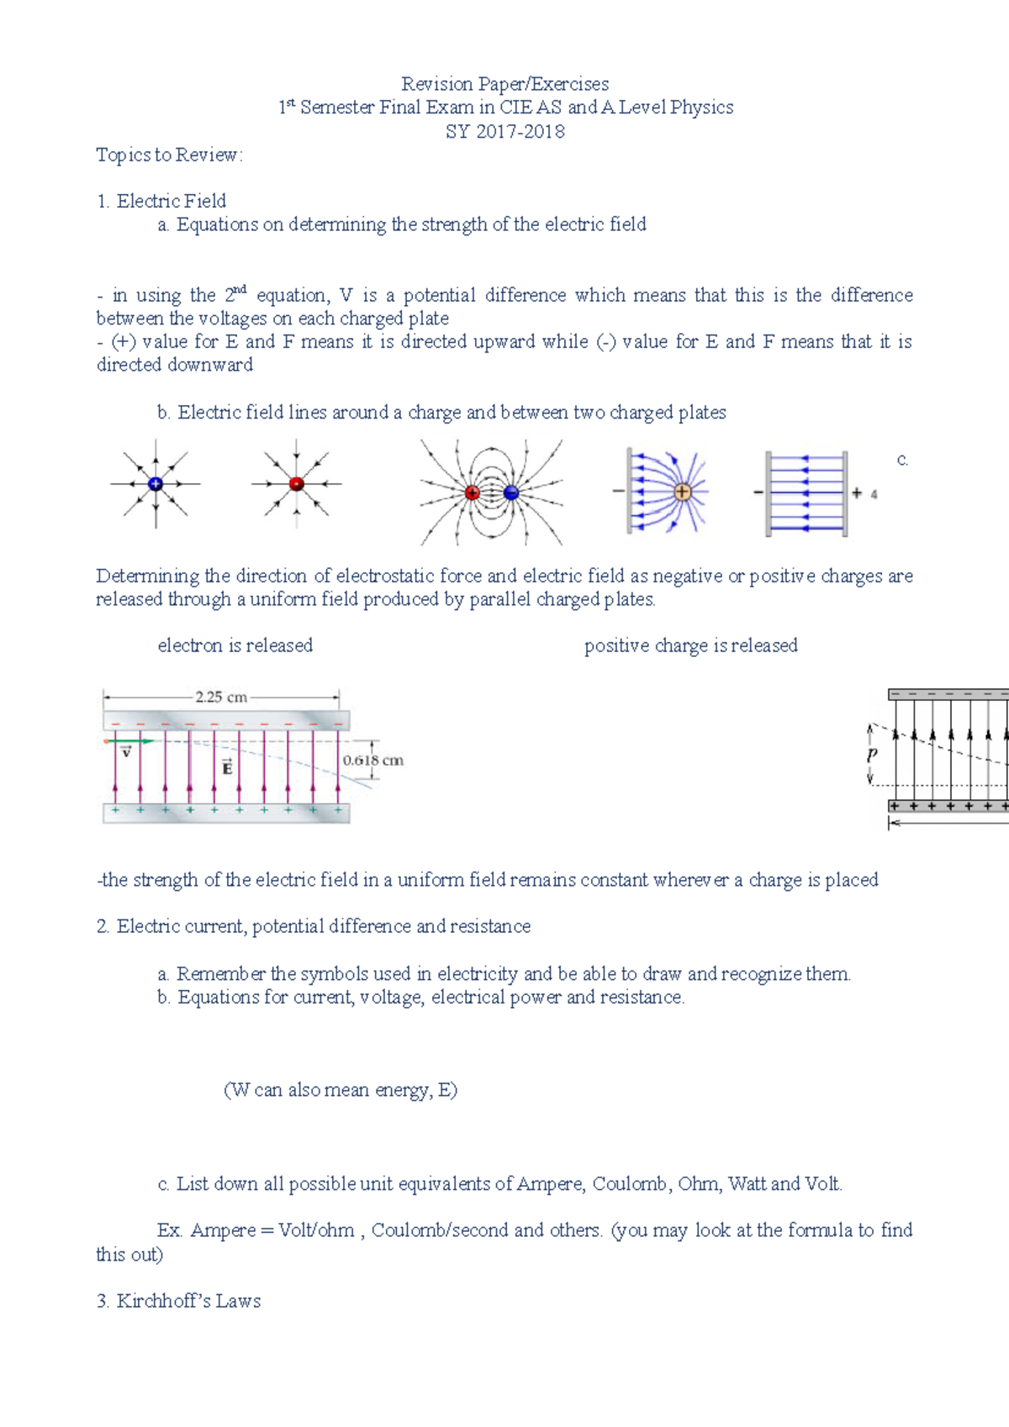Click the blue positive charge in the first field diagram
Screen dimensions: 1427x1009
[x=156, y=484]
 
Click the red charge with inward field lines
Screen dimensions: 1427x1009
[x=296, y=484]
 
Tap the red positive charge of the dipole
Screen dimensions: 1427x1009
[x=473, y=493]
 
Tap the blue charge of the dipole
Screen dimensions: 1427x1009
[x=511, y=493]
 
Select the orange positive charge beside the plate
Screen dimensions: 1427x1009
[x=682, y=492]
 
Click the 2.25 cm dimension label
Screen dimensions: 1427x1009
[x=221, y=697]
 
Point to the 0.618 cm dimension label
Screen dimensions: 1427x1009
[x=372, y=761]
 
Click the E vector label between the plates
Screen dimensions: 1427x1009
[x=227, y=766]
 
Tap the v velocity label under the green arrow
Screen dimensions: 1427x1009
[x=126, y=752]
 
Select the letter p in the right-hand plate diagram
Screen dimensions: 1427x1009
[x=872, y=755]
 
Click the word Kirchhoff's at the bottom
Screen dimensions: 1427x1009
[x=163, y=1301]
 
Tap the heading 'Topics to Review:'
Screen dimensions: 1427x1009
[x=169, y=155]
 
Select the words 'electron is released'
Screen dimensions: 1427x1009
[x=235, y=645]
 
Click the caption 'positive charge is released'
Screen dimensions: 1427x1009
[x=690, y=645]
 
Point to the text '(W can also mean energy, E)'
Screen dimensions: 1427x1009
[x=341, y=1090]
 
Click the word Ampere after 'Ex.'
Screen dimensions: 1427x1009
[x=223, y=1230]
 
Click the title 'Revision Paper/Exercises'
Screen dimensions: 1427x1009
[x=504, y=84]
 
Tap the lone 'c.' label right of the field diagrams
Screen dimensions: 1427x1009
[x=902, y=460]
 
